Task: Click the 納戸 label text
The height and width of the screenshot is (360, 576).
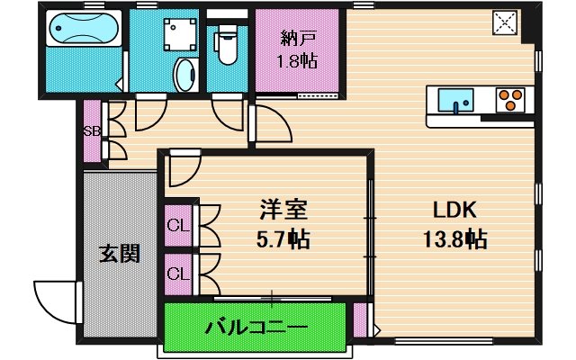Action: click(296, 39)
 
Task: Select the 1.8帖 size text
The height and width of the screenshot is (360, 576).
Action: click(296, 63)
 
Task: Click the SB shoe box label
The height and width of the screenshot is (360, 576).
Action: click(92, 131)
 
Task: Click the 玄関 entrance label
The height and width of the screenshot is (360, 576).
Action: click(118, 254)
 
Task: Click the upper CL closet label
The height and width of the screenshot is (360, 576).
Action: click(176, 225)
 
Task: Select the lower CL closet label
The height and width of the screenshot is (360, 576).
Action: click(176, 271)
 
